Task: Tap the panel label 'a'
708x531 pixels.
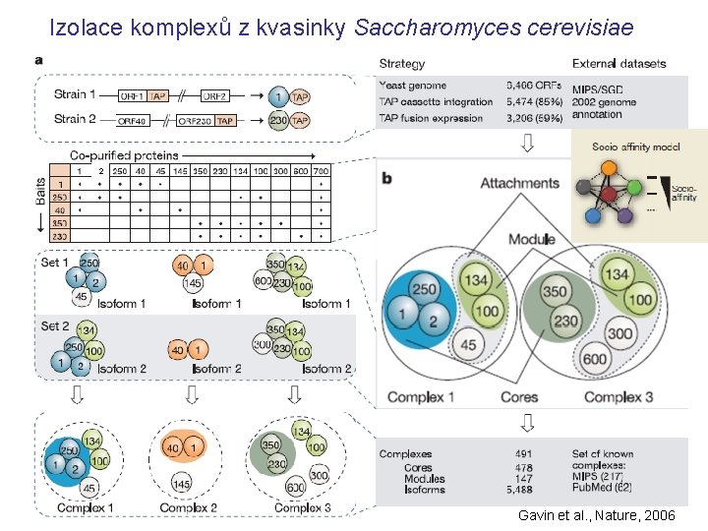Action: click(38, 60)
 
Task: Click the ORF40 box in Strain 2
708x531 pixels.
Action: click(133, 120)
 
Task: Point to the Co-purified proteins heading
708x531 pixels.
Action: click(124, 155)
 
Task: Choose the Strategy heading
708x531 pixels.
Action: click(401, 64)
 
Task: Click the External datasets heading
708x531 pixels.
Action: click(619, 64)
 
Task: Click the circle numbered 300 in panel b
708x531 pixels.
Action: click(620, 334)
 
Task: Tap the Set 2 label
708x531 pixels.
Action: click(55, 325)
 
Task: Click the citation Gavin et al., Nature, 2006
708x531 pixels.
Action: click(596, 516)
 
